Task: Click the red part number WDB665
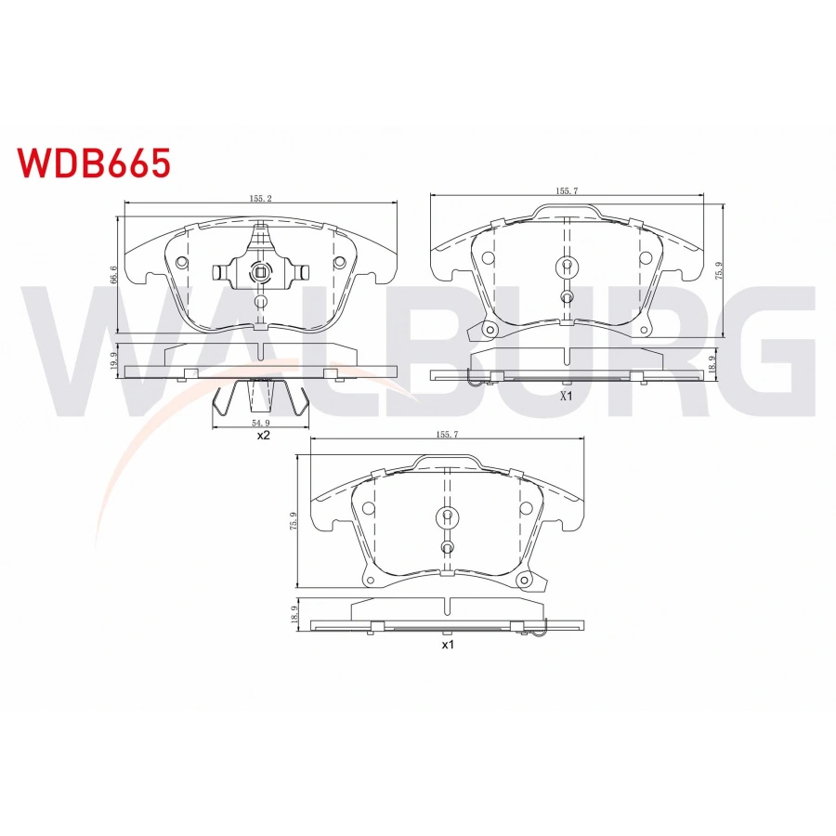tap(92, 163)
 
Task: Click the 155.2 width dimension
tap(260, 198)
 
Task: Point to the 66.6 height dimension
tap(112, 275)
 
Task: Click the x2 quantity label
tap(262, 435)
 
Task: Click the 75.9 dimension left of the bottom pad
tap(294, 521)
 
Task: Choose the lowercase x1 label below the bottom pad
tap(447, 644)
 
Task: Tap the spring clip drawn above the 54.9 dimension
tap(261, 399)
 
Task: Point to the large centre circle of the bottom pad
tap(447, 517)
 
